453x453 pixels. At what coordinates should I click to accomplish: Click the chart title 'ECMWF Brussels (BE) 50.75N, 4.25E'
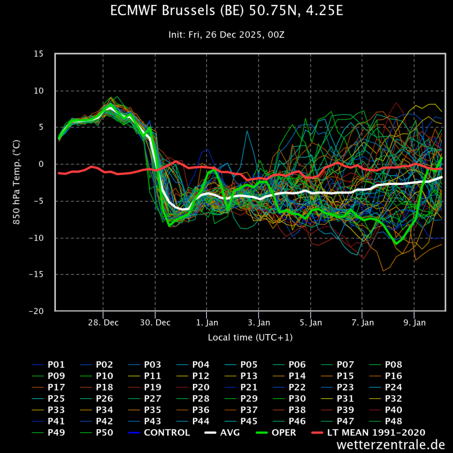(226, 11)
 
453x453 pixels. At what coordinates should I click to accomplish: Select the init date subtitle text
(226, 35)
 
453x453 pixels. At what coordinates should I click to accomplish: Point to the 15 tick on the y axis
(38, 54)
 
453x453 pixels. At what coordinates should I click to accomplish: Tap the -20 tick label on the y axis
(36, 311)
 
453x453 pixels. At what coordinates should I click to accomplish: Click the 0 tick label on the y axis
(41, 164)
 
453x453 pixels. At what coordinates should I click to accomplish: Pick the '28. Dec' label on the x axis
(103, 322)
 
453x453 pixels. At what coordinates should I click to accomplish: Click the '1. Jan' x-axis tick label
(207, 322)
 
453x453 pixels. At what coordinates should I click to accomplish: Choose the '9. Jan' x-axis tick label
(415, 322)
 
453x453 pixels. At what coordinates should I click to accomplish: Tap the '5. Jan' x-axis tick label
(311, 322)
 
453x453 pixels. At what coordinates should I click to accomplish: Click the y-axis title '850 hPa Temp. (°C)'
(16, 182)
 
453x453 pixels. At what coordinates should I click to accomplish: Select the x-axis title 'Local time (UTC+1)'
(250, 338)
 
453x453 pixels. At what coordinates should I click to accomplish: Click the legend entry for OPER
(276, 433)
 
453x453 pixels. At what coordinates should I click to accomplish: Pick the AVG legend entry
(222, 433)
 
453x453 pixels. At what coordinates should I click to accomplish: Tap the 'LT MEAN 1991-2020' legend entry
(369, 433)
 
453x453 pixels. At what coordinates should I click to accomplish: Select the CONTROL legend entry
(159, 433)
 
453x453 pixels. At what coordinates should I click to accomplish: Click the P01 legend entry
(48, 365)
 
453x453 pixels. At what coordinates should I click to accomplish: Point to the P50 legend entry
(96, 433)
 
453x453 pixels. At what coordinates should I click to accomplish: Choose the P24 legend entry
(386, 387)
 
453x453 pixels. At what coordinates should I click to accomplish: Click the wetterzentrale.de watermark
(391, 444)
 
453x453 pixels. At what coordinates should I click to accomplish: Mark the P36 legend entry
(193, 410)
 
